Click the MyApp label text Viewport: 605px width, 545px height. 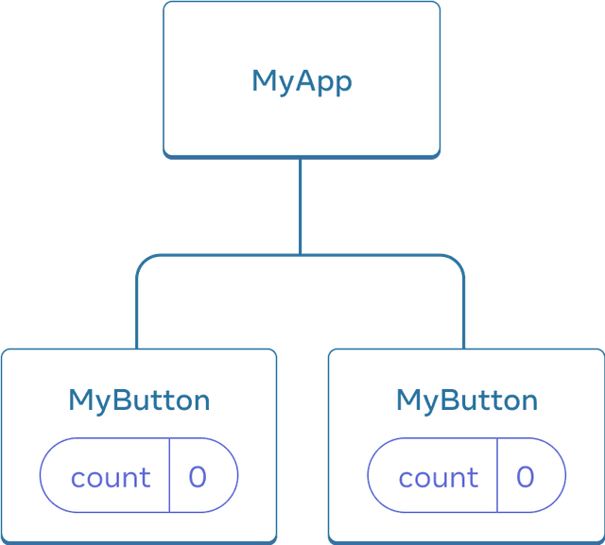(302, 81)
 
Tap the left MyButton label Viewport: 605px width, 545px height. (139, 400)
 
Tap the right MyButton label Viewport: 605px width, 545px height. (467, 400)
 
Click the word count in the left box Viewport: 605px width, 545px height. (111, 478)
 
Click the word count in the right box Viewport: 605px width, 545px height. (439, 478)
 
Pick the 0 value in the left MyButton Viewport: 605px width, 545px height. (198, 477)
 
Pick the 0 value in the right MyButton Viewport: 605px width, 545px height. (526, 477)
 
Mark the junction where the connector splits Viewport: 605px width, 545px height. (302, 254)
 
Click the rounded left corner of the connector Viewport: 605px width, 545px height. (143, 260)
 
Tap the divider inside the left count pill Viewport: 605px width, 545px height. (169, 475)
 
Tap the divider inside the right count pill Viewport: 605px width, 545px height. (497, 475)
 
